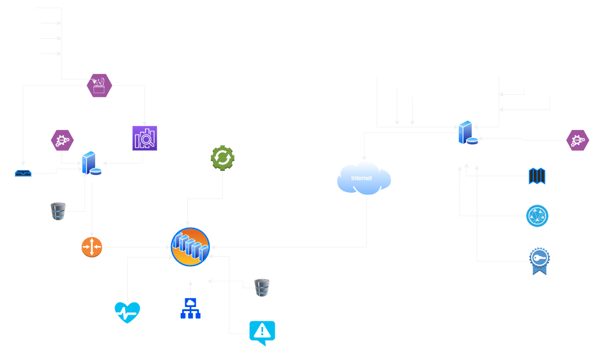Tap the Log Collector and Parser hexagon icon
click(99, 85)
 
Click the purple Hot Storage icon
click(145, 139)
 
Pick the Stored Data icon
click(23, 173)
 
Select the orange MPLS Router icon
click(92, 247)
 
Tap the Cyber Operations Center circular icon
click(190, 247)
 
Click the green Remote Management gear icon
click(222, 158)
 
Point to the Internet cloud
click(364, 178)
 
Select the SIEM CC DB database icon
click(262, 288)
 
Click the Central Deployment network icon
click(190, 308)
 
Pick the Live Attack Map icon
click(537, 176)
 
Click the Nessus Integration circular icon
click(537, 216)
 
